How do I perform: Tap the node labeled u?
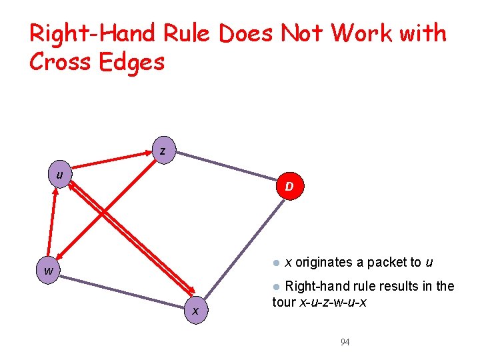click(61, 175)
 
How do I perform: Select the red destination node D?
click(289, 187)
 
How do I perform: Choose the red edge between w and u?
click(53, 220)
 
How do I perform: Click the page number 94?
click(345, 342)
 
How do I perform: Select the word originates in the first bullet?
click(323, 262)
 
